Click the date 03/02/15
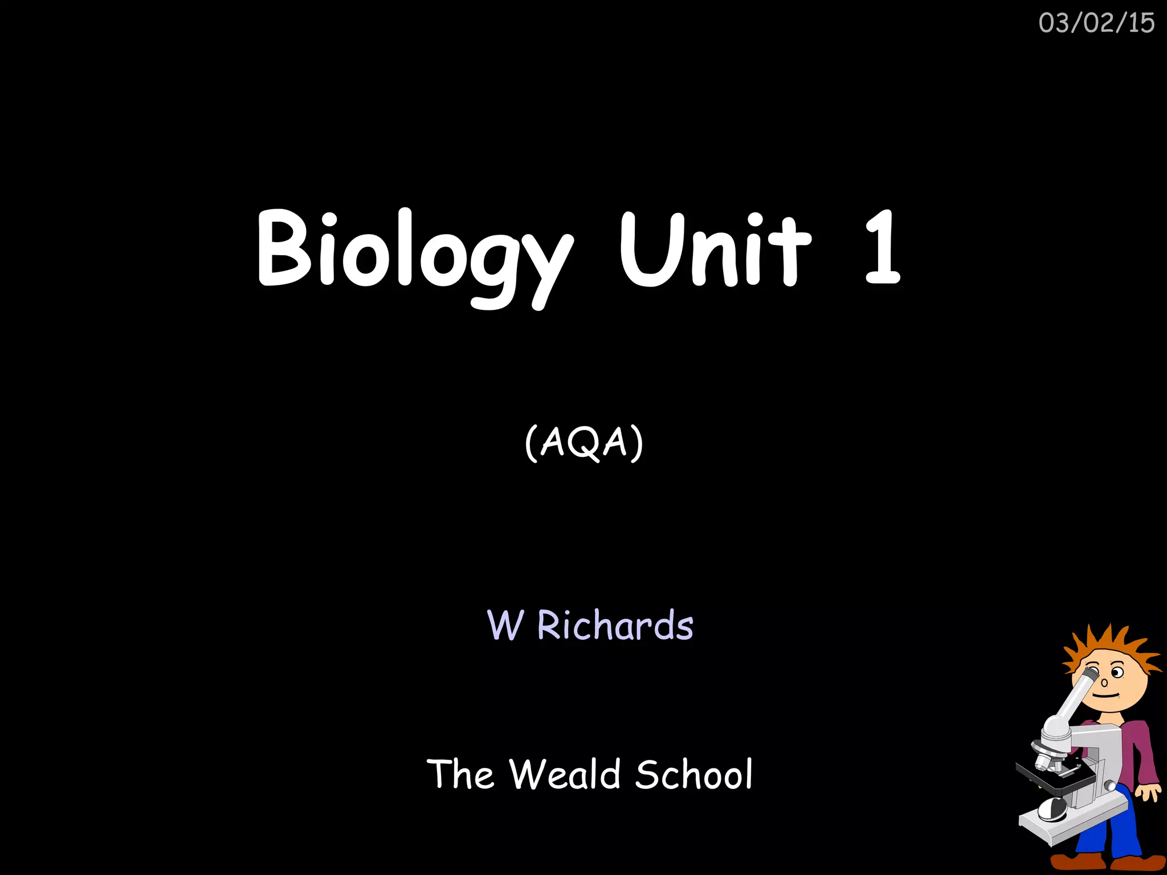[1096, 23]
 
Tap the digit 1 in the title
[882, 248]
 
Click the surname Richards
[615, 625]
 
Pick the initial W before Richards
[505, 625]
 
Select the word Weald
[565, 774]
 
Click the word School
[693, 774]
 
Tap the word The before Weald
[460, 774]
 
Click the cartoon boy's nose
[1104, 682]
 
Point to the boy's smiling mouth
[1106, 696]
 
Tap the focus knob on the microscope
[1110, 786]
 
